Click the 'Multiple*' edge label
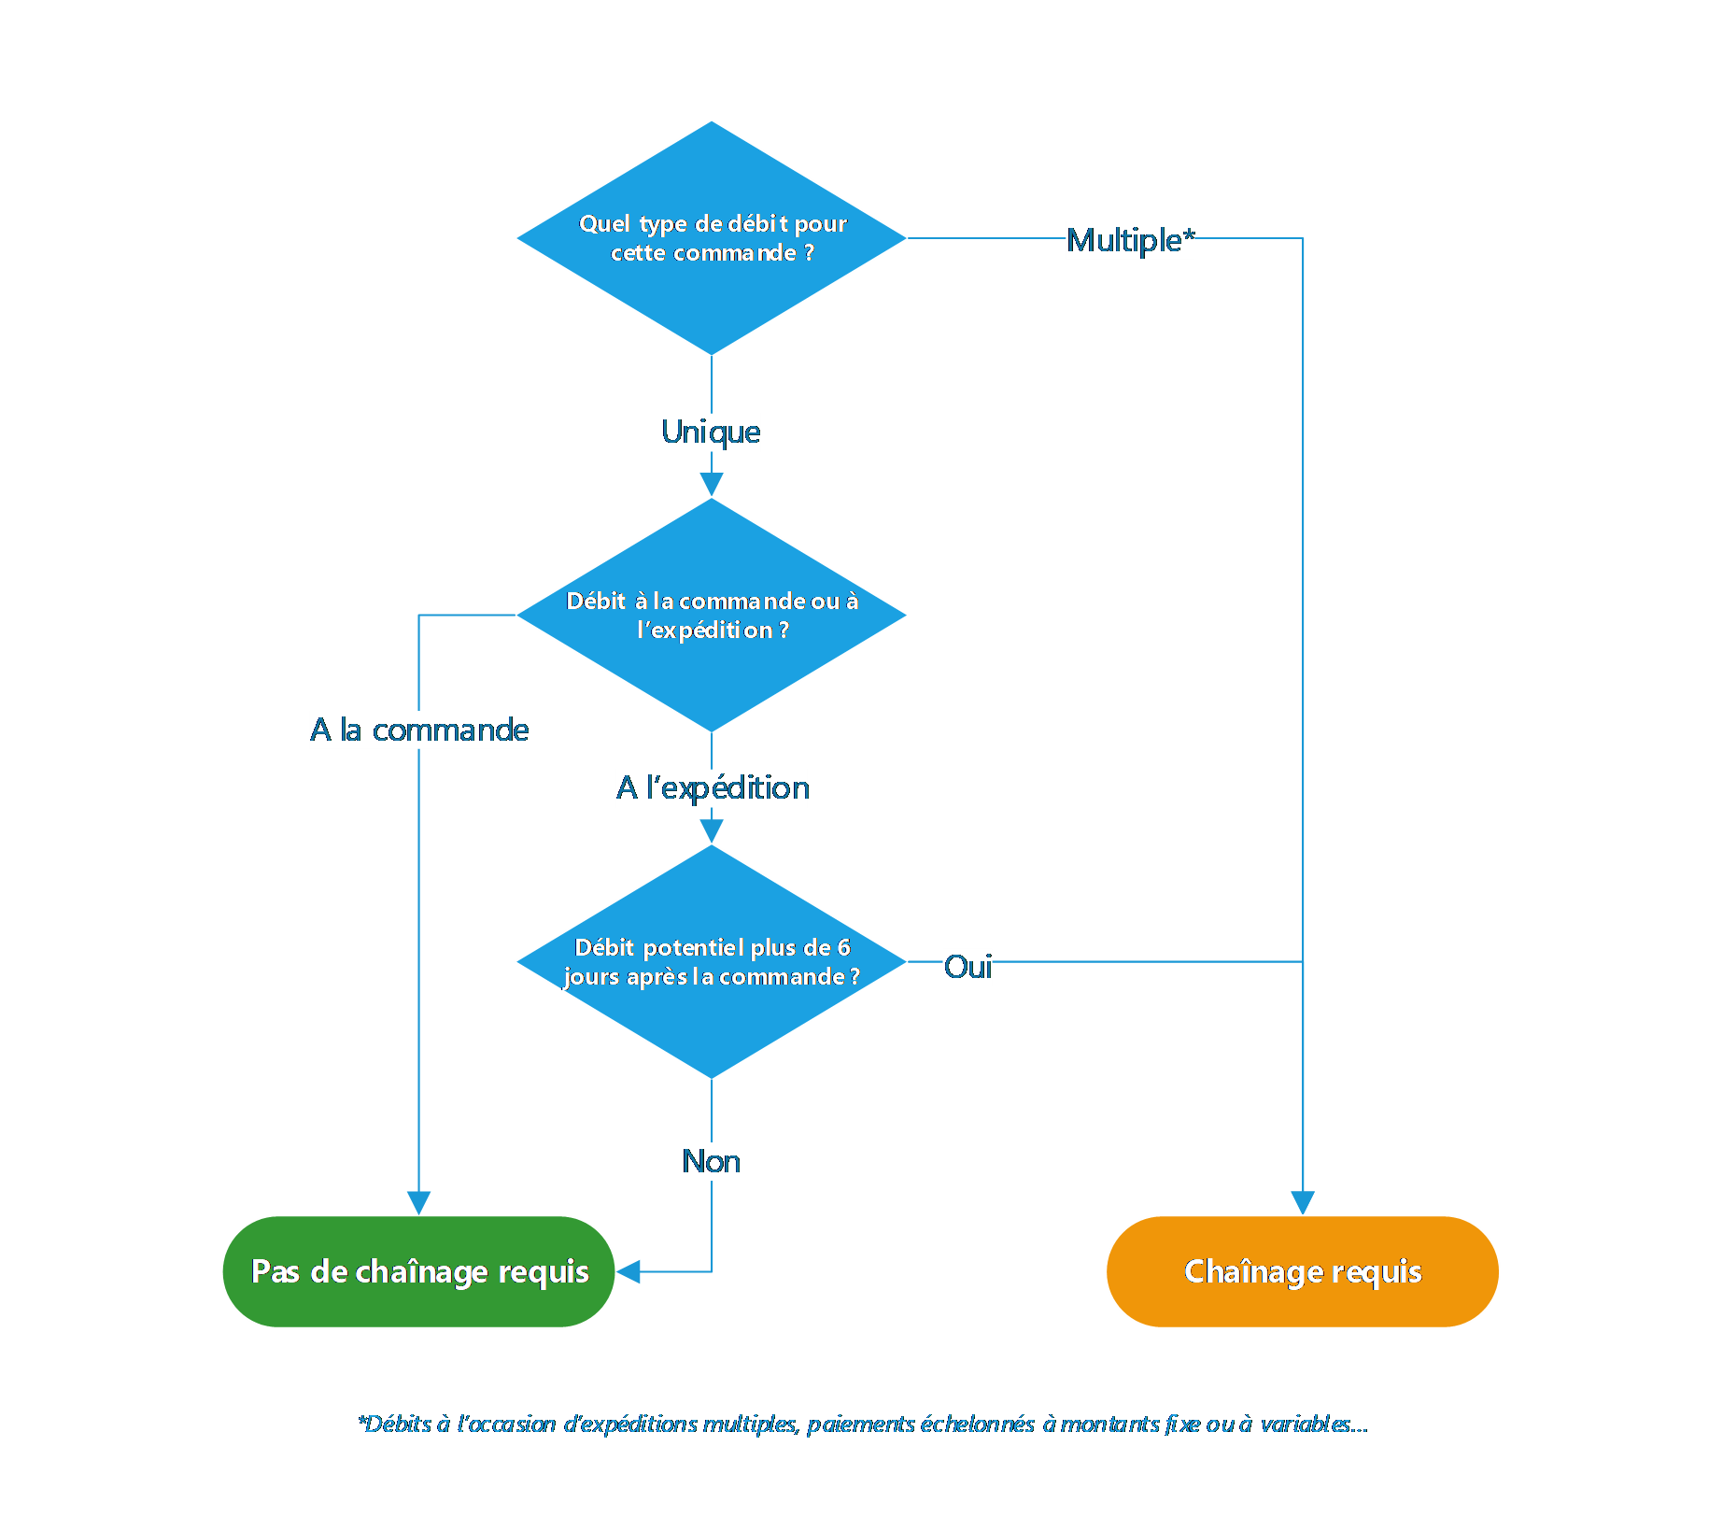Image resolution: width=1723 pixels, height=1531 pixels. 1130,241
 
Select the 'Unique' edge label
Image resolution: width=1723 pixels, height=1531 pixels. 710,432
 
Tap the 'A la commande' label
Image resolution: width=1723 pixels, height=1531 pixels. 418,730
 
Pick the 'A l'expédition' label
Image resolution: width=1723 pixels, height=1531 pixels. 712,787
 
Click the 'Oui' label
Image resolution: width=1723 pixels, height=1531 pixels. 967,966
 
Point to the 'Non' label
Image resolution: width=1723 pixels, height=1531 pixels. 711,1161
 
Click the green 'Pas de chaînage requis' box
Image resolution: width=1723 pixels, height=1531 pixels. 418,1271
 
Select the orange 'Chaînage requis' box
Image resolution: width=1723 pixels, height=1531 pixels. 1302,1271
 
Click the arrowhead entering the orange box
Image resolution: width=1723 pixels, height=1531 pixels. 1302,1202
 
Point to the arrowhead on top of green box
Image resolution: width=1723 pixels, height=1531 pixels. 418,1202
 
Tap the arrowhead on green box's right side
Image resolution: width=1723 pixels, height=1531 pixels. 629,1271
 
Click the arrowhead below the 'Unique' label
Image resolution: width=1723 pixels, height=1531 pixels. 712,484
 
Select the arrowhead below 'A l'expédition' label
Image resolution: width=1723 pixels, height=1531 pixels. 712,830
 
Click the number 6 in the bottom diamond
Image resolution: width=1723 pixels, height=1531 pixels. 843,947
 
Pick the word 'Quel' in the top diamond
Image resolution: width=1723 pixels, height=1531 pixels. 604,223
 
